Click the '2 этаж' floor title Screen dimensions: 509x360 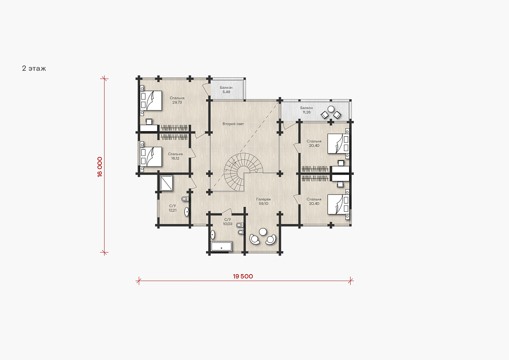[x=34, y=68]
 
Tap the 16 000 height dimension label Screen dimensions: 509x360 [x=100, y=167]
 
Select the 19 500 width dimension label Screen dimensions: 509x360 [x=243, y=276]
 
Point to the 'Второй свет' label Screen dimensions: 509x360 [x=233, y=124]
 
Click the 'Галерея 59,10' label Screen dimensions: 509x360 [x=263, y=201]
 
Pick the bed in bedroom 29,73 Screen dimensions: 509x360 [x=151, y=101]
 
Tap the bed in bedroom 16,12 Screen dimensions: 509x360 [x=151, y=157]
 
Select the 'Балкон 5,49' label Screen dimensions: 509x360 [x=226, y=90]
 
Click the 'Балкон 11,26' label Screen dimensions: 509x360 [x=306, y=110]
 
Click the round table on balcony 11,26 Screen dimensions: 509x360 [x=331, y=109]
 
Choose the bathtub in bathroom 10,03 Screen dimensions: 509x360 [x=221, y=246]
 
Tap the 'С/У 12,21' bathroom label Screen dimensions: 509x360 [x=173, y=208]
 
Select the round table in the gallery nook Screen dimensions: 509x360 [x=263, y=231]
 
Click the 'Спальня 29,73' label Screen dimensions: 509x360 [x=177, y=100]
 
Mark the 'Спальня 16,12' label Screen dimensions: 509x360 [x=175, y=156]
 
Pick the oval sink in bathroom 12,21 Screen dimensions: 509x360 [x=187, y=212]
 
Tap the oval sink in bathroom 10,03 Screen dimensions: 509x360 [x=213, y=234]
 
